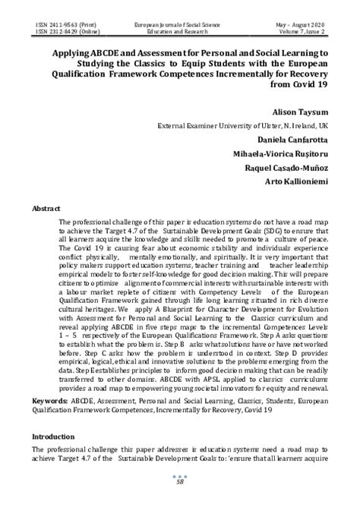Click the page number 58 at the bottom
tap(181, 482)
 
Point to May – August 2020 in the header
tap(300, 26)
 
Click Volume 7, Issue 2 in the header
tap(302, 33)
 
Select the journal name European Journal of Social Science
tap(181, 26)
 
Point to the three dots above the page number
tap(181, 475)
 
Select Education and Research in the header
tap(181, 33)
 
